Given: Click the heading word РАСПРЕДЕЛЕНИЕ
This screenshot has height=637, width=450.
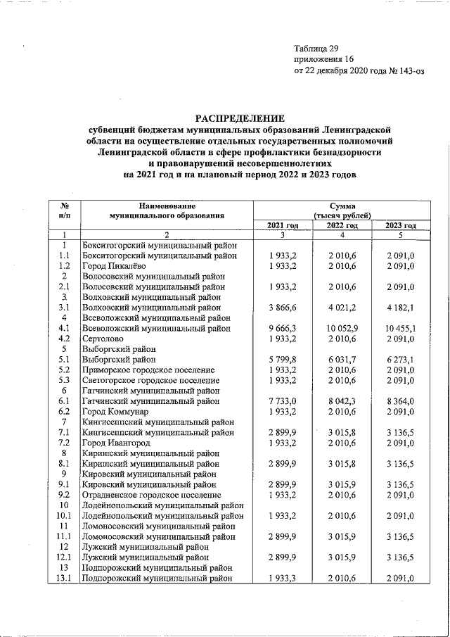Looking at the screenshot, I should (240, 118).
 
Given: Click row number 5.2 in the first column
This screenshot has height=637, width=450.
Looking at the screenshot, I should (64, 370).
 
